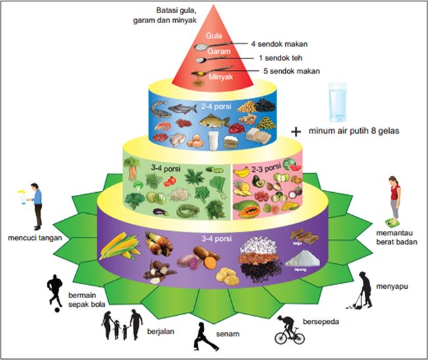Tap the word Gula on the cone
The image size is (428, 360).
pos(213,34)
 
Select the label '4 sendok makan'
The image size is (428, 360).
pos(279,44)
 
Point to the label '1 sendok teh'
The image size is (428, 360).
pos(280,57)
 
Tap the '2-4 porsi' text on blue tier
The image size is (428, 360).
pos(215,105)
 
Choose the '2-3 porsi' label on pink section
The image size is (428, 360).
pos(257,161)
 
